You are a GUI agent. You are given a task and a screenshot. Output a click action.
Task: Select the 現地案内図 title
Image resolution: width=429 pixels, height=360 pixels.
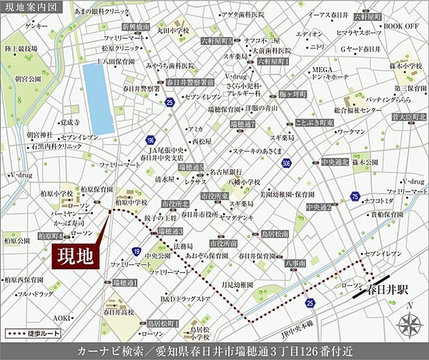pos(33,7)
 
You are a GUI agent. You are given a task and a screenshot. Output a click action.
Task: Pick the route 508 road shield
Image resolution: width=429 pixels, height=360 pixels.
pos(286,163)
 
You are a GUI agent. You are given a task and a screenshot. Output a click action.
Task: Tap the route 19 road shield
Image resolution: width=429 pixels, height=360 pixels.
pos(137,251)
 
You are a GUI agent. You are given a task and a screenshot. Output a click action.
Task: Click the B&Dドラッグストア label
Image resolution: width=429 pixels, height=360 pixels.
pos(185,299)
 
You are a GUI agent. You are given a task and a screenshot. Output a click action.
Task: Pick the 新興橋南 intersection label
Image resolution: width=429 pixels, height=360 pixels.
pos(135,26)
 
